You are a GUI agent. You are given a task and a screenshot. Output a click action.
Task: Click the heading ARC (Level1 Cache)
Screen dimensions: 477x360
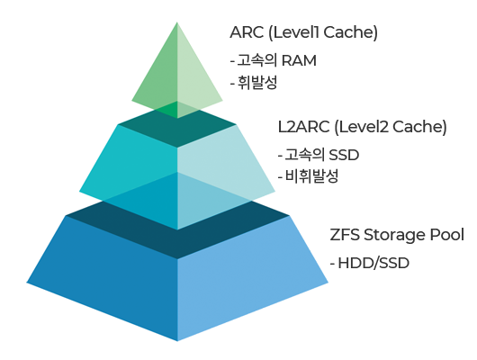pos(303,32)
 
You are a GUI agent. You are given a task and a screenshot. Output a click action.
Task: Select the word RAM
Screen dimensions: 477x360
pos(299,60)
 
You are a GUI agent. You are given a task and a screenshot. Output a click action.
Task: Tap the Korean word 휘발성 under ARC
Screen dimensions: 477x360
pos(257,83)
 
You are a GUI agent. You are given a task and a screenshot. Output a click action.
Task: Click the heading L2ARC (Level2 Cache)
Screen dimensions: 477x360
pos(363,127)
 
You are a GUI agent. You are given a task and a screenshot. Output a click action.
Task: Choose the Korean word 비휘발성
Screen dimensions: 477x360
pos(311,176)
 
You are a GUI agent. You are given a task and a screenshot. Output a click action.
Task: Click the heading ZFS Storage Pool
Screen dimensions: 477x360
pos(397,235)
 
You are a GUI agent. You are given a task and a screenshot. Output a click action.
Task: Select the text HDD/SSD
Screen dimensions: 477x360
pos(373,263)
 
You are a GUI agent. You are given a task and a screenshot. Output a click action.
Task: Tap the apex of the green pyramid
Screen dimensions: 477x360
pos(177,22)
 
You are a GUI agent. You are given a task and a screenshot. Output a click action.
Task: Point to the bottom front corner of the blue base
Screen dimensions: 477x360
pos(177,341)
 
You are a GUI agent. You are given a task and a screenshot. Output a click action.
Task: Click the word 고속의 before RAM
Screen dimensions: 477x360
pos(257,60)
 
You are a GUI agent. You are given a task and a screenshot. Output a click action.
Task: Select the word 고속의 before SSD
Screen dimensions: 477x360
pos(305,155)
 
